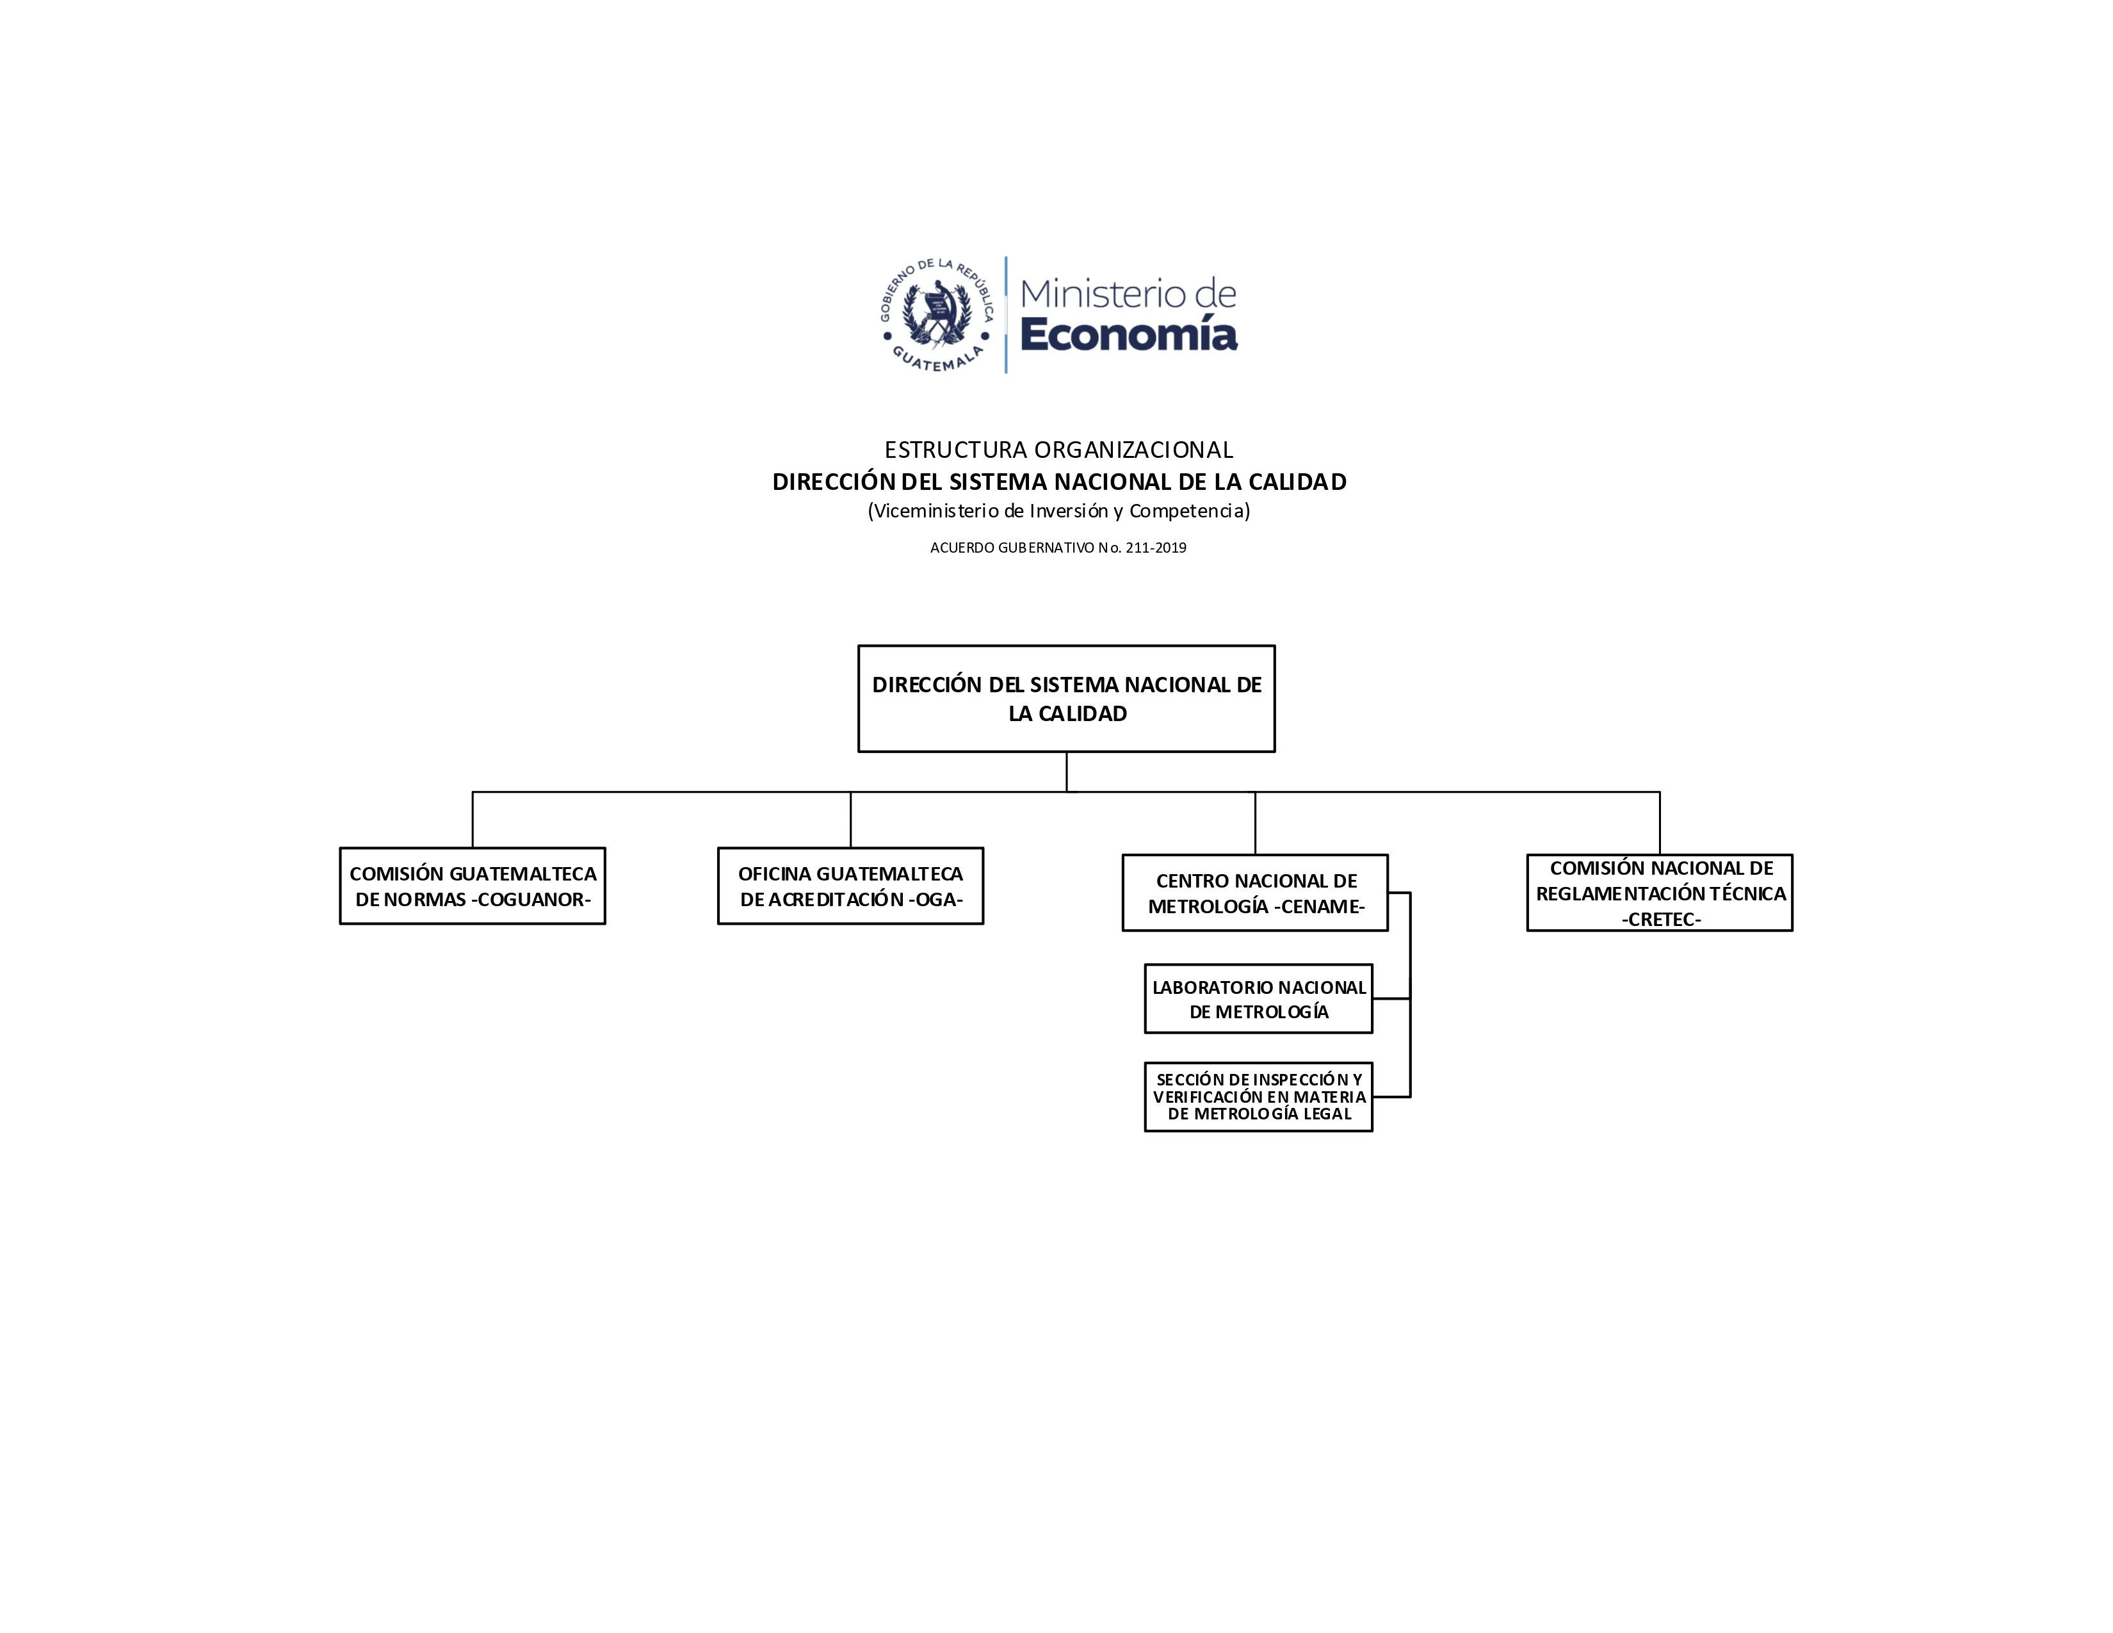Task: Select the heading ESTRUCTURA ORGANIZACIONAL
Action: [x=1058, y=450]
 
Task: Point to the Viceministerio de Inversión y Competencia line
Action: [x=1058, y=511]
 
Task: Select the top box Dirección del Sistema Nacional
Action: [x=1066, y=699]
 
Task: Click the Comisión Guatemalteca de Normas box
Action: [x=472, y=886]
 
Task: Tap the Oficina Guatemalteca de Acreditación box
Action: [x=850, y=886]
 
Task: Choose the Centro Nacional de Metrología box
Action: [x=1255, y=893]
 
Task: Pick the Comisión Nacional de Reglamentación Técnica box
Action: [x=1659, y=893]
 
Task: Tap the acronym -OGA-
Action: [x=935, y=900]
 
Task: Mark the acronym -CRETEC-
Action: [x=1661, y=919]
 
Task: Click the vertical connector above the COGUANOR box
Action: [x=472, y=820]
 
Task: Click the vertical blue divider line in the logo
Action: [x=1006, y=314]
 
